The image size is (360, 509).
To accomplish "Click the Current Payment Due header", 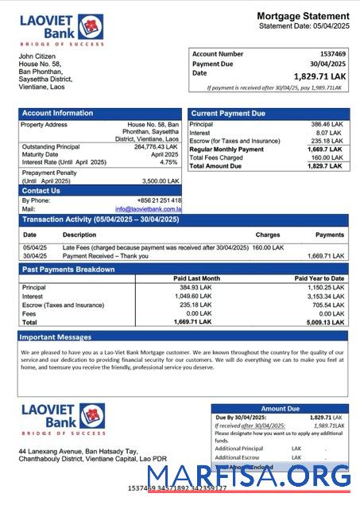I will point(228,114).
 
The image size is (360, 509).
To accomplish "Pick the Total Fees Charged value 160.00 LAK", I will point(327,157).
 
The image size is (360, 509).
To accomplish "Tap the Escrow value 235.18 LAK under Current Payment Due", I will point(327,141).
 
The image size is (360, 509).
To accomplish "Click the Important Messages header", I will point(57,337).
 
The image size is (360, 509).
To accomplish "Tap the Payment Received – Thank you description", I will point(104,256).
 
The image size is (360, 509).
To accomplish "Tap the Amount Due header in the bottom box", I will point(280,409).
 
